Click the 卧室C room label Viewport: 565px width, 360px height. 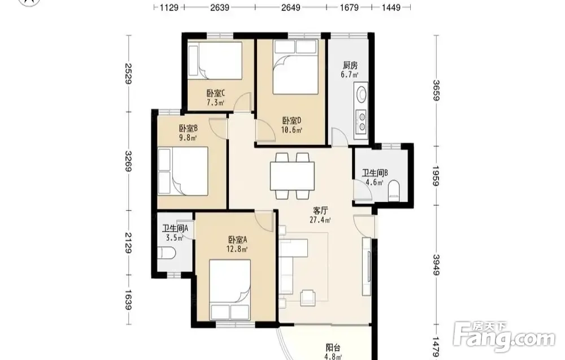(x=215, y=93)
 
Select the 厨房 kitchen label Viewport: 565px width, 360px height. (x=350, y=66)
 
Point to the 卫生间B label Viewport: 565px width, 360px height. (x=375, y=174)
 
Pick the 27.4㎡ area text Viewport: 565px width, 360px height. (x=320, y=220)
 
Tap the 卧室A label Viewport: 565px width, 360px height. (x=237, y=240)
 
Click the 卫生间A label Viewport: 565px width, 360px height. (x=175, y=228)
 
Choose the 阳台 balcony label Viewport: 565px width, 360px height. (x=333, y=348)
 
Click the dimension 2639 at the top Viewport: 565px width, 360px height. (x=219, y=7)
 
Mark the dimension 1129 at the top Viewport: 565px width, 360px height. (x=169, y=7)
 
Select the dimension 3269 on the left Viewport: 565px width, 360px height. (x=128, y=161)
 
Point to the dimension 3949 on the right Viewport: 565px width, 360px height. (x=436, y=265)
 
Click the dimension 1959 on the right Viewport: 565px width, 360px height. (x=436, y=176)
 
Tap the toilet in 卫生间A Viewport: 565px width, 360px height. (x=167, y=253)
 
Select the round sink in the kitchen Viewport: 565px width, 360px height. (x=362, y=94)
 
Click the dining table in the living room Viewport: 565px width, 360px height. (x=292, y=176)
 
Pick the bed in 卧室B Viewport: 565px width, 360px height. (x=183, y=171)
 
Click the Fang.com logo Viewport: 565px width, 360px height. (x=504, y=337)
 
